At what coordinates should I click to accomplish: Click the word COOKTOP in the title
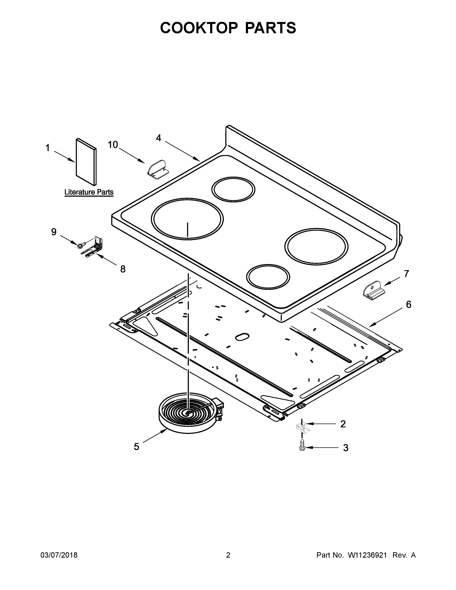click(x=199, y=28)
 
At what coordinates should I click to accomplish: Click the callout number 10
click(x=113, y=145)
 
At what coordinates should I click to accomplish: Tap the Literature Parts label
click(x=89, y=192)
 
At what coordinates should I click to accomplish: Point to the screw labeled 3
click(x=302, y=447)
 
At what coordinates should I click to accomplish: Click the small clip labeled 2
click(x=303, y=427)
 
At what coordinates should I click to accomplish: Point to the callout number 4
click(x=159, y=138)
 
